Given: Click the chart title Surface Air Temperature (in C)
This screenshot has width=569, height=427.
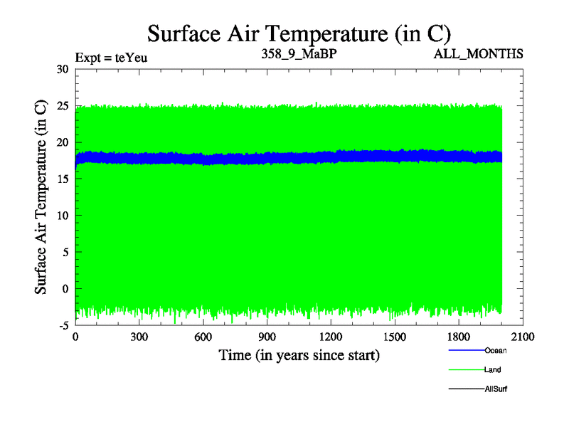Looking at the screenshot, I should (x=299, y=33).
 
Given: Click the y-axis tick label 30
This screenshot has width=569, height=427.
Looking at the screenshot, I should (x=62, y=69).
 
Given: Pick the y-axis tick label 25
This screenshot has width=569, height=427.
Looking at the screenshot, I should (x=62, y=106).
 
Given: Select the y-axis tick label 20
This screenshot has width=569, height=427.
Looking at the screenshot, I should (x=62, y=142).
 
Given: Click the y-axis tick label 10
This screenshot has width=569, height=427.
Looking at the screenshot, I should (x=62, y=216).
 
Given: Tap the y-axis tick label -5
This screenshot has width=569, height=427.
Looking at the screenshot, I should (x=63, y=325).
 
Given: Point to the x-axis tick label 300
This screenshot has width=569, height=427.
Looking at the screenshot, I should (x=139, y=337).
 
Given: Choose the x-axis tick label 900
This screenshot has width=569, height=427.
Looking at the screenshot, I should (x=267, y=337).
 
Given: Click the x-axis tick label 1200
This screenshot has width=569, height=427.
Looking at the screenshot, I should (x=331, y=337).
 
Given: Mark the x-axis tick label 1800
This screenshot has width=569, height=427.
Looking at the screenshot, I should (x=459, y=337).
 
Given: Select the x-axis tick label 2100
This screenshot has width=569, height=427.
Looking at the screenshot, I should (x=523, y=337).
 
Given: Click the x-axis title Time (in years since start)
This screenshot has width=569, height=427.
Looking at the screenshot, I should (x=299, y=354).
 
